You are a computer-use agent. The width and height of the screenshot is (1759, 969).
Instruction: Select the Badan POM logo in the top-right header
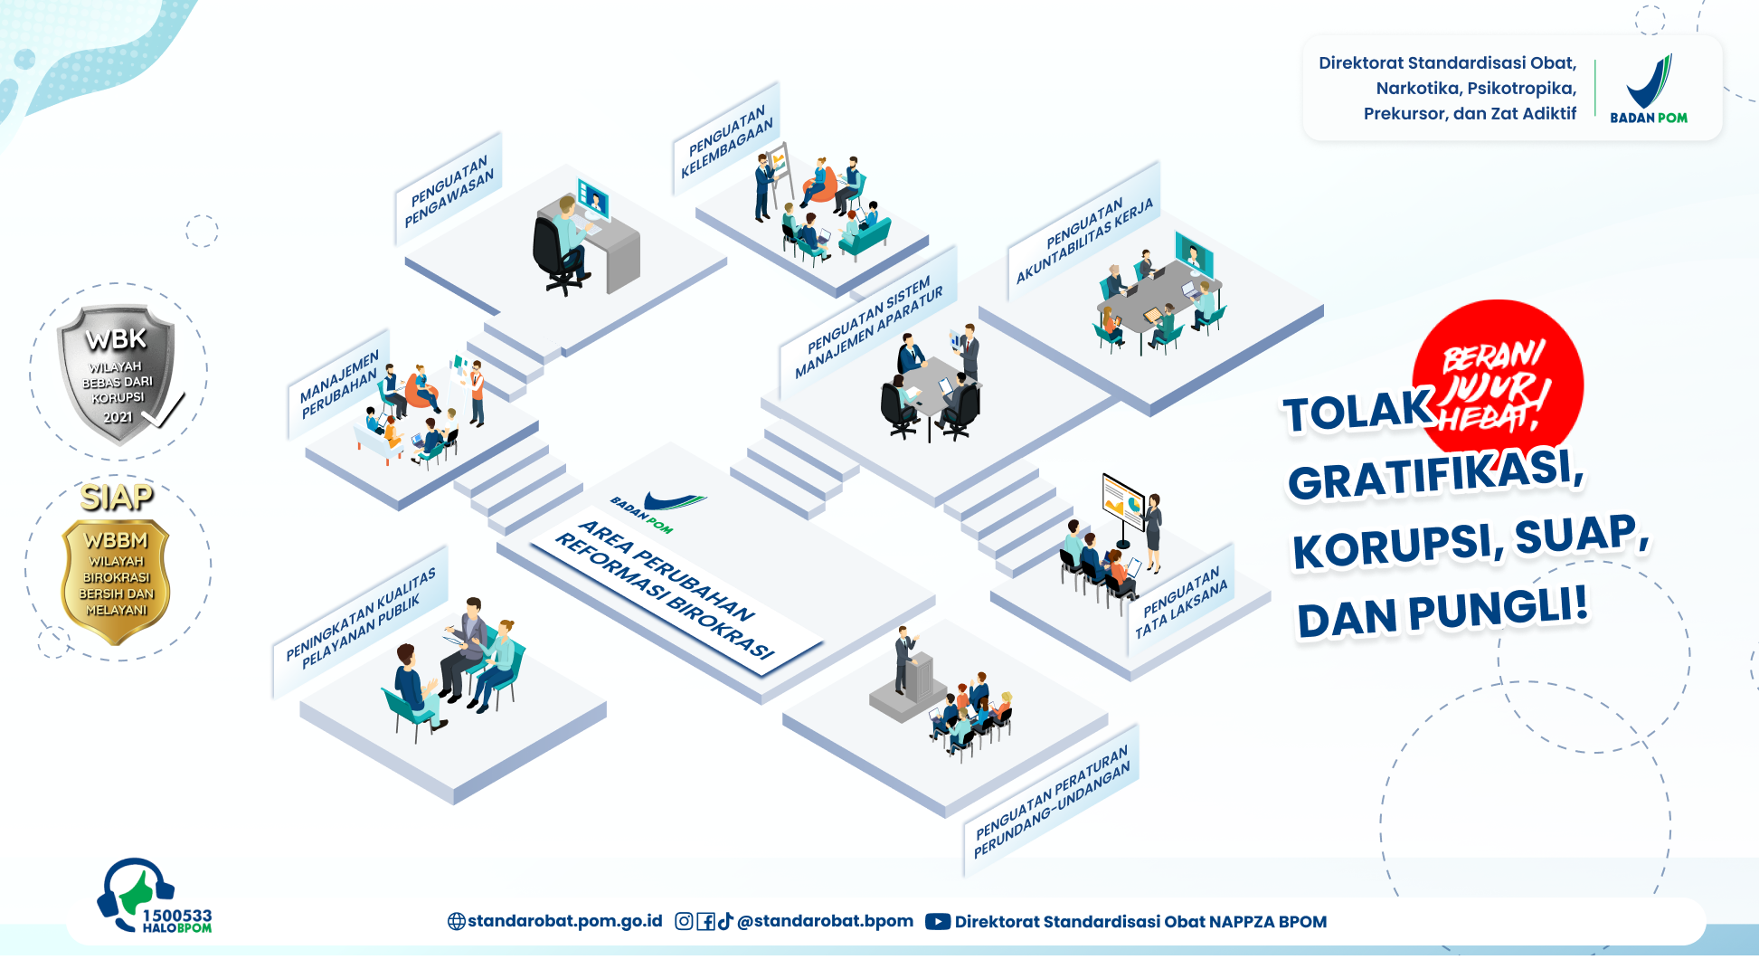[x=1649, y=89]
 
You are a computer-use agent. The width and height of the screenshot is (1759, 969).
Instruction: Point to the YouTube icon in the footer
[x=938, y=922]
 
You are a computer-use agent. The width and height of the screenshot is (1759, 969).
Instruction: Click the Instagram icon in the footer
[x=685, y=921]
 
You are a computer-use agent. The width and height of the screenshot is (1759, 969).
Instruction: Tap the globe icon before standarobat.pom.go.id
[x=457, y=921]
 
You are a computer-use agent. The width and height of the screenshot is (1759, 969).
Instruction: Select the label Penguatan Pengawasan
[x=449, y=191]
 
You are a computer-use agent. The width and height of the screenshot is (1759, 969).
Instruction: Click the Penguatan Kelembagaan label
[x=726, y=140]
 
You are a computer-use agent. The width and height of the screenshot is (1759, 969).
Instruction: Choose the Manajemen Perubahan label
[x=339, y=385]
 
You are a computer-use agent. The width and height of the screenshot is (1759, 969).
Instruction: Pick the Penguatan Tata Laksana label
[x=1181, y=602]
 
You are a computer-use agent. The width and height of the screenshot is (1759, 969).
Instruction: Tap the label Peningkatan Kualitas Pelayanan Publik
[x=361, y=621]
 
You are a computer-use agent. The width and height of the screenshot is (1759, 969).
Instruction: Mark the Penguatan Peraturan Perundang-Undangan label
[x=1052, y=801]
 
